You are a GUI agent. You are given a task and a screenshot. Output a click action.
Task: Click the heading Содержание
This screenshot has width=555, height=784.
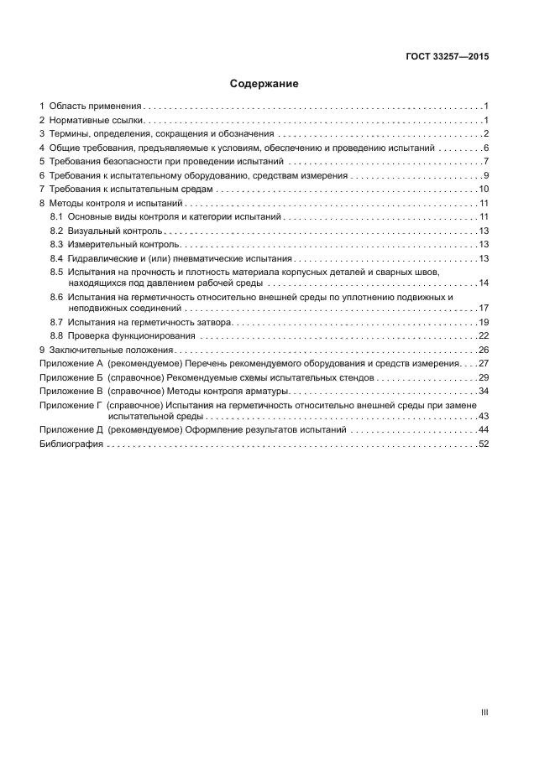(264, 85)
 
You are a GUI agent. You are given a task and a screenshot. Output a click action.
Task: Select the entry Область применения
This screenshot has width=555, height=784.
(96, 106)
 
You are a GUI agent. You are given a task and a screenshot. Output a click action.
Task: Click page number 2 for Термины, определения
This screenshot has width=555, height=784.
(486, 134)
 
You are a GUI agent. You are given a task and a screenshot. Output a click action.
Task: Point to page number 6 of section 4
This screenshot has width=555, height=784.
(486, 148)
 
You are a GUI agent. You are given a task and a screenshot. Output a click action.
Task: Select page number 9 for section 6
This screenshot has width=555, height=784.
(486, 175)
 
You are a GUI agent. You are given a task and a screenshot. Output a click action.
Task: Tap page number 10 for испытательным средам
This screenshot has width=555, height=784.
(484, 190)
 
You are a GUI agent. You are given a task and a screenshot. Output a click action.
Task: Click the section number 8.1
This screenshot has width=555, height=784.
(57, 217)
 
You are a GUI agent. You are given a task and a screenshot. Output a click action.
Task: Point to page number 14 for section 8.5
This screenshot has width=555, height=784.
(484, 283)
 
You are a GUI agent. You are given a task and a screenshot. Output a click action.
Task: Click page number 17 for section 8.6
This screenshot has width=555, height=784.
(484, 309)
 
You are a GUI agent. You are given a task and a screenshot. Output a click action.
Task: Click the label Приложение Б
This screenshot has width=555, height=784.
(71, 377)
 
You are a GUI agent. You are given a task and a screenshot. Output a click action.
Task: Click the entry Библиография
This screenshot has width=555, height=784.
(71, 444)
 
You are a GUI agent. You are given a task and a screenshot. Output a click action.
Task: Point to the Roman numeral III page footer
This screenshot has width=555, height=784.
(484, 712)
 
